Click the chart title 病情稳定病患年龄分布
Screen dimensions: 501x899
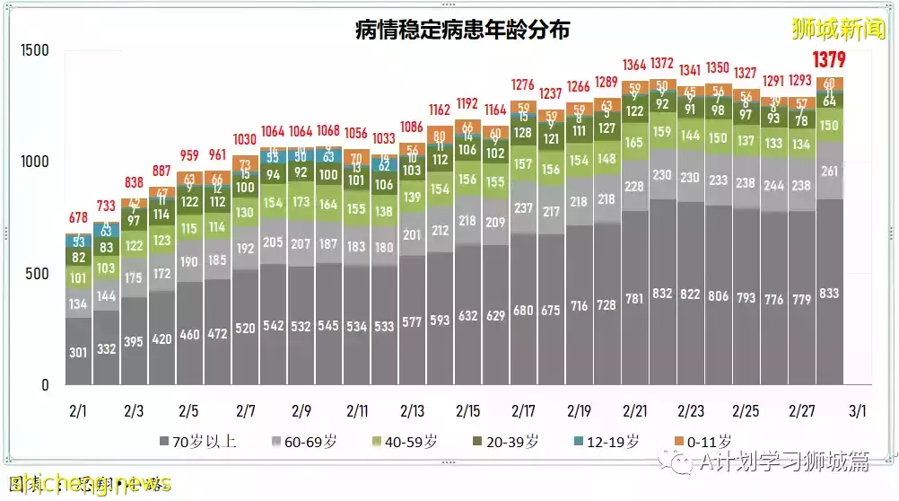point(462,30)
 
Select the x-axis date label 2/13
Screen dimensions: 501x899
point(412,411)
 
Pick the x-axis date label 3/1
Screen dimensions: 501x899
point(857,411)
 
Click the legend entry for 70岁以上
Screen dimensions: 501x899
point(195,442)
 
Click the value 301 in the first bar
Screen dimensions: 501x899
point(79,352)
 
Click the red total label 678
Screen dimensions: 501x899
point(79,218)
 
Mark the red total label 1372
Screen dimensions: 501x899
point(662,65)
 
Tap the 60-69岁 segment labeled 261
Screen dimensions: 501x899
point(830,171)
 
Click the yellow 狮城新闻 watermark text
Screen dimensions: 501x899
point(838,30)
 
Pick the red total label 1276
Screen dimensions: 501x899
point(523,85)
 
